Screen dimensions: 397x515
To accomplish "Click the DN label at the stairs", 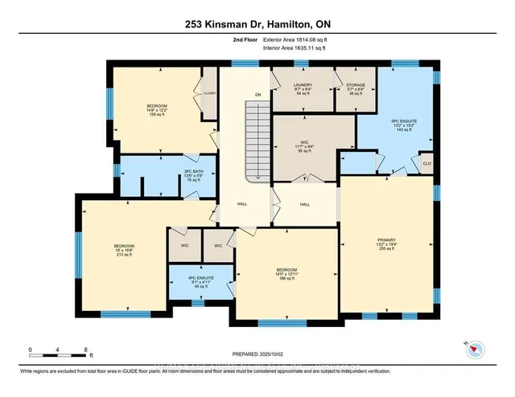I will tap(258, 96).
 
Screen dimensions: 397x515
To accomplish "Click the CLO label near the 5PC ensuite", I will tap(427, 163).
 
